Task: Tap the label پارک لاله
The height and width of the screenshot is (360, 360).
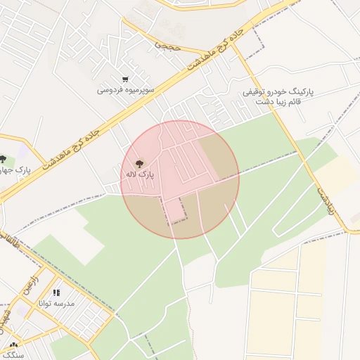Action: coord(140,174)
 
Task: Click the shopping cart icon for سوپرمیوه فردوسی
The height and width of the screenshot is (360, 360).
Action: coord(125,79)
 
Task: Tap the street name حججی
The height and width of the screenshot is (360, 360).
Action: coord(168,46)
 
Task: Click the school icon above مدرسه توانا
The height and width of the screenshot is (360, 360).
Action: coord(56,292)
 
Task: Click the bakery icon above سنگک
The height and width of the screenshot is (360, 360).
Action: coord(13,345)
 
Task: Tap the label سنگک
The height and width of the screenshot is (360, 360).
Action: coord(13,356)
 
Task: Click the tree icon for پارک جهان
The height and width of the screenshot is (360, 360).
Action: coord(3,160)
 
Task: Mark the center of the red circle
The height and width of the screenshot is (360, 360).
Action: coord(180,179)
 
